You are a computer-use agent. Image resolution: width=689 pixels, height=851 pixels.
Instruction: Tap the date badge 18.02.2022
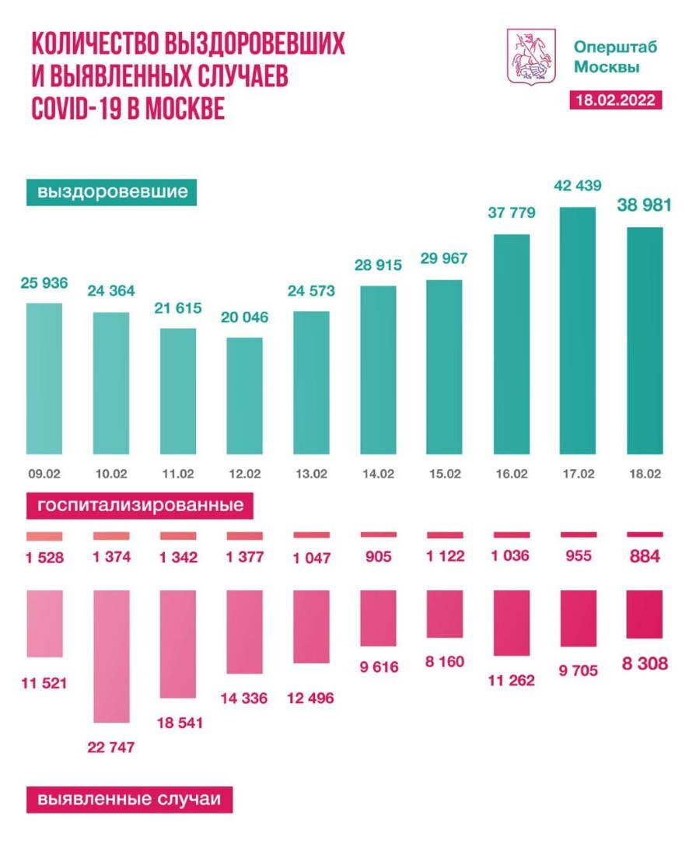615,100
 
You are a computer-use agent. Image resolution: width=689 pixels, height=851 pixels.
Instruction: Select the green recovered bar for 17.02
578,330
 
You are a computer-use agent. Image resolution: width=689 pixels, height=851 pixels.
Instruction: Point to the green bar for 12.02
245,395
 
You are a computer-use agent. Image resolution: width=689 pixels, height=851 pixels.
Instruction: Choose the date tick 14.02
378,473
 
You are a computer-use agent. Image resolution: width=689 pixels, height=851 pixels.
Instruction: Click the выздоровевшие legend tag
111,191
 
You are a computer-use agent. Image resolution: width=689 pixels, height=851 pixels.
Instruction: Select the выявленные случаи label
129,799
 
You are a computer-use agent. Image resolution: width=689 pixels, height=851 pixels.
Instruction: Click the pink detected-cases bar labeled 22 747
111,656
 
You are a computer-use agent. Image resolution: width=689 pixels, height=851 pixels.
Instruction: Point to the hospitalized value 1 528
44,557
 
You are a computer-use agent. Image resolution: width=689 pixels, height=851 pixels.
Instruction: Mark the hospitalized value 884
645,557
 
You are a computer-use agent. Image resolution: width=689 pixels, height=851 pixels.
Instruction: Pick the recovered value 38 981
644,205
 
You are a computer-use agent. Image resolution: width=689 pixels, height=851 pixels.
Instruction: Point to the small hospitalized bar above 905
378,534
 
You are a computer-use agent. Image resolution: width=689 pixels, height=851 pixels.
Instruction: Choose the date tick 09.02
44,473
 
